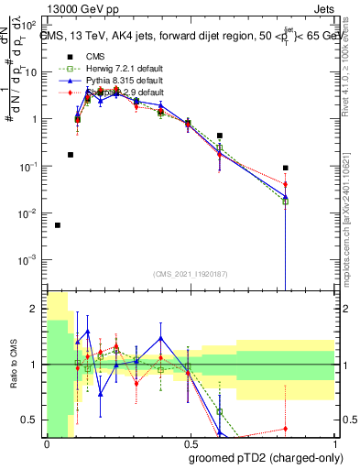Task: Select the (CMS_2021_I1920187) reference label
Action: coord(190,273)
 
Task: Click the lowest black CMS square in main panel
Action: coord(58,225)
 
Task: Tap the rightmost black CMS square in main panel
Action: coord(286,169)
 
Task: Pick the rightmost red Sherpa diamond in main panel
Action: coord(286,185)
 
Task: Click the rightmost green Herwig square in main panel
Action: coord(286,202)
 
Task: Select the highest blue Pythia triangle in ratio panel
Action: coord(88,331)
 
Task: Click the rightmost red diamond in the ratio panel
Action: coord(286,429)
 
